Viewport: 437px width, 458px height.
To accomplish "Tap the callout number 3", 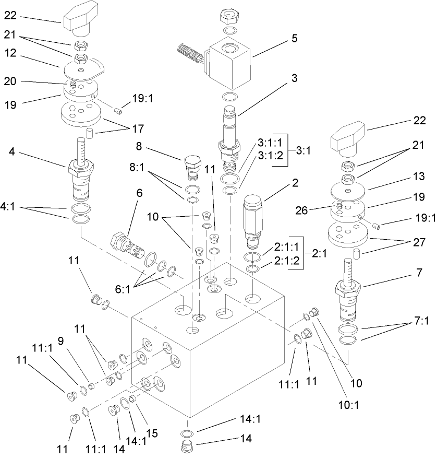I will pos(295,79).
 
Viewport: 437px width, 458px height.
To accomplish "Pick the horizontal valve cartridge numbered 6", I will pos(127,244).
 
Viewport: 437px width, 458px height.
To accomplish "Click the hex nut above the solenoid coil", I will pos(230,17).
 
